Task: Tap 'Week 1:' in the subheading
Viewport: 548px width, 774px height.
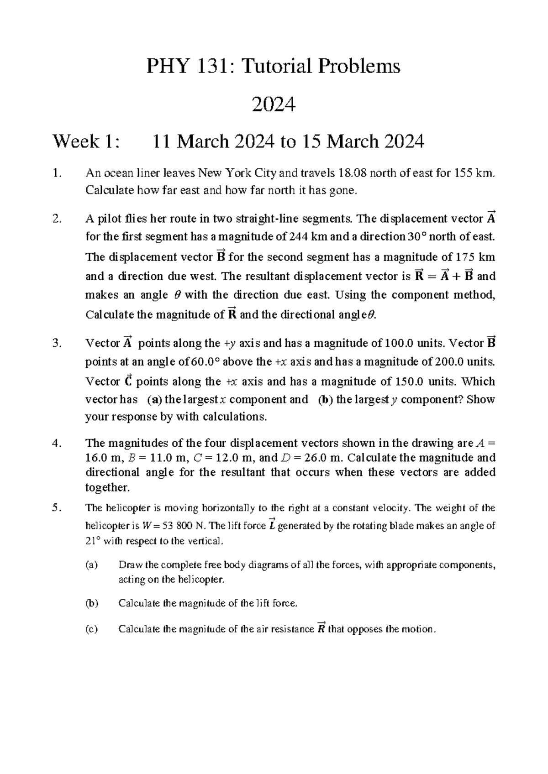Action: [87, 141]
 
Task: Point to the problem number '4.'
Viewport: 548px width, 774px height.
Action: [57, 443]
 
